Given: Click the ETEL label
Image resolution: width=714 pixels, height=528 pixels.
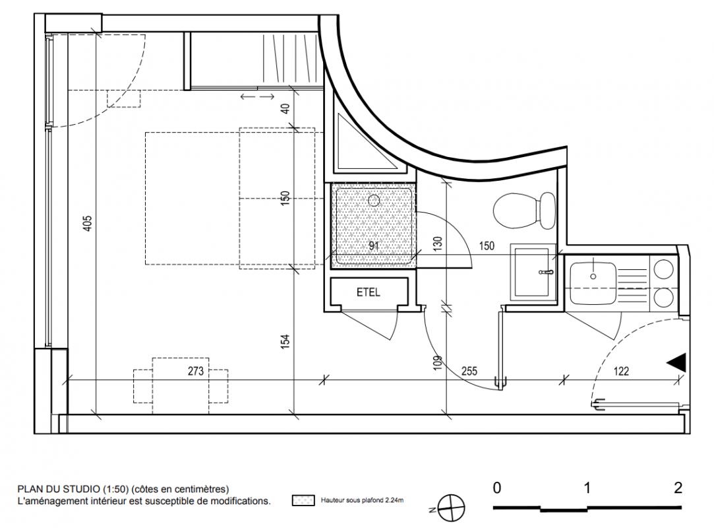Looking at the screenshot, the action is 368,292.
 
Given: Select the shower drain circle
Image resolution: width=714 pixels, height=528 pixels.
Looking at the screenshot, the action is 374,200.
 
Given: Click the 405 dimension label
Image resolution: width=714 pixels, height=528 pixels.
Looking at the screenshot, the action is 88,223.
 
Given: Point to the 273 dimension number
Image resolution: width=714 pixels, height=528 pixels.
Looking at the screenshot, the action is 196,371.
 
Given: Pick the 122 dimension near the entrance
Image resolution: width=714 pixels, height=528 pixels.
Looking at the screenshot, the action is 621,371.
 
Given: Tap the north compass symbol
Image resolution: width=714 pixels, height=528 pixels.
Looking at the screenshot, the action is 451,508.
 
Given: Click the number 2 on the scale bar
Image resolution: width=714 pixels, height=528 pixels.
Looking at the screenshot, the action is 678,488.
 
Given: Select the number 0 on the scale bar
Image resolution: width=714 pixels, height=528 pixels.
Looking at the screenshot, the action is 497,488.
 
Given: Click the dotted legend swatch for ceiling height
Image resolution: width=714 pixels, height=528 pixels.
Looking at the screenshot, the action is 303,500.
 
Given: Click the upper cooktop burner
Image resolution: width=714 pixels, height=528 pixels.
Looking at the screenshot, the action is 663,269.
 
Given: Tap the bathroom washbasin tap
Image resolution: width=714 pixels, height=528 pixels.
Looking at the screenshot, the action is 545,272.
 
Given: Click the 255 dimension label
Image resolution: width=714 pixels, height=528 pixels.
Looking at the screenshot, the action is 469,371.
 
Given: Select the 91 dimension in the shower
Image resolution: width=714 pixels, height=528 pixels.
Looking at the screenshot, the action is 374,246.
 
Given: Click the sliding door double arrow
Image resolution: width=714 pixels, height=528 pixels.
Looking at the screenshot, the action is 257,96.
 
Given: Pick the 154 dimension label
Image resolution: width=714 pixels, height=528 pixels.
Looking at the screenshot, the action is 285,341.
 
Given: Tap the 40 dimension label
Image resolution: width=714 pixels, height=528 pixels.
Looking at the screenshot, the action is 285,108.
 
